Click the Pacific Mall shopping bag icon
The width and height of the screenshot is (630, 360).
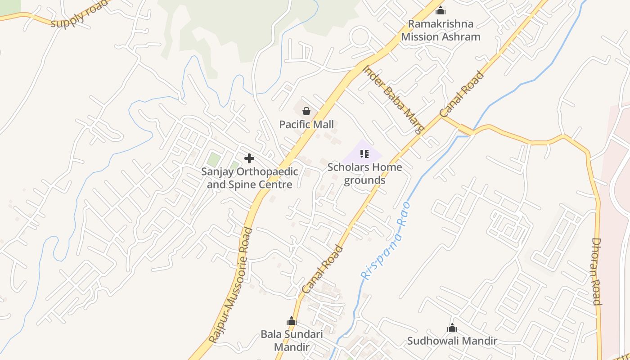coord(306,111)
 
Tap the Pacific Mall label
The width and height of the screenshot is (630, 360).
coord(306,124)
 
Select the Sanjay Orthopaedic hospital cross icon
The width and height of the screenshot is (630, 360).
coord(249,158)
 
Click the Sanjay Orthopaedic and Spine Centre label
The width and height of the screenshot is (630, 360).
coord(249,178)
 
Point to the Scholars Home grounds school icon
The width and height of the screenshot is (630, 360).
coord(364,154)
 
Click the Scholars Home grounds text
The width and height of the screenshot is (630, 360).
coord(364,174)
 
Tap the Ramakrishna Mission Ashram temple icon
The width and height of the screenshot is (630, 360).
coord(441,10)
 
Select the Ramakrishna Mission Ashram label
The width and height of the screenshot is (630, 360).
coord(441,30)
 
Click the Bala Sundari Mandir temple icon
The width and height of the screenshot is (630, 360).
coord(292,321)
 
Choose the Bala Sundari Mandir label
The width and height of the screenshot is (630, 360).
coord(292,341)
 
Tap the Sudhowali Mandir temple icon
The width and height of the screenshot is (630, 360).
coord(452,328)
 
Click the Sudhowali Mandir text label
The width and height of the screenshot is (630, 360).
coord(452,341)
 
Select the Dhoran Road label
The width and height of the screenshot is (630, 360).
coord(596,271)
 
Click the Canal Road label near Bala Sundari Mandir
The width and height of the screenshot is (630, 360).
coord(322,270)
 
